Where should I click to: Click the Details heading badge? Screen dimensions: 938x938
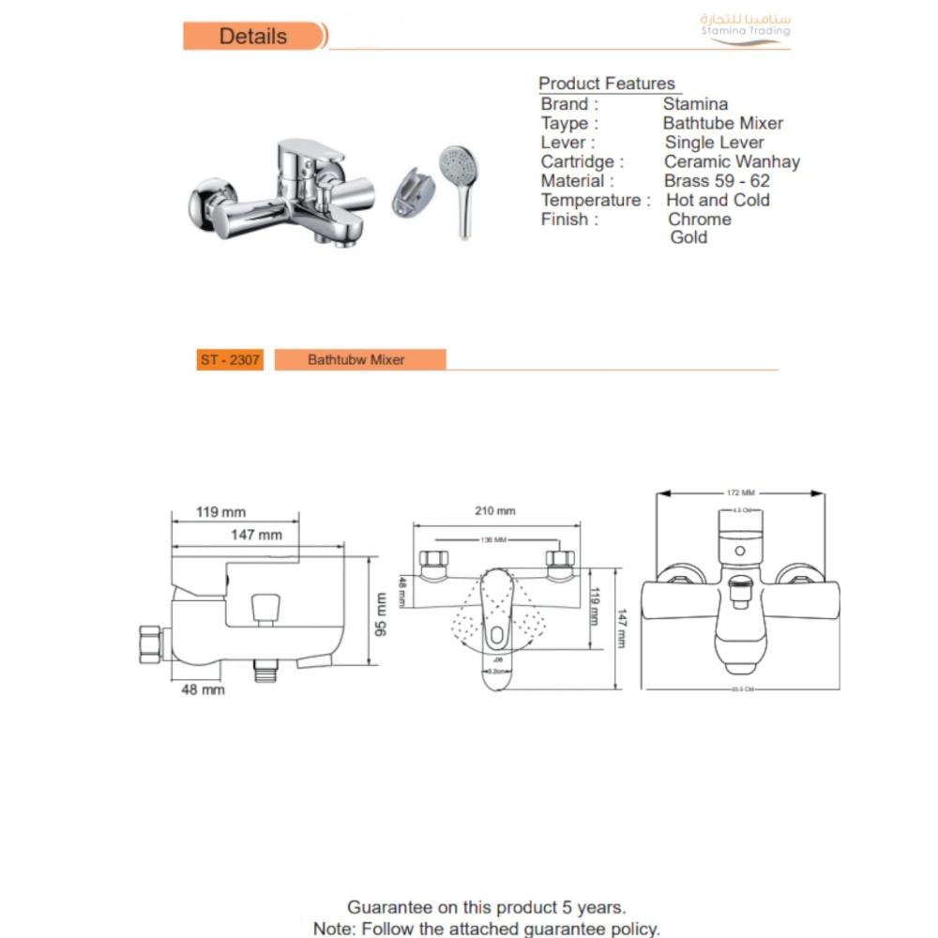click(x=253, y=37)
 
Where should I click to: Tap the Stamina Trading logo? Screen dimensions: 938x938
click(x=746, y=27)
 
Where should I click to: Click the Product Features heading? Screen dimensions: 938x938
click(x=606, y=83)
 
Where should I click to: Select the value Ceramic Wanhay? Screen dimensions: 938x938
click(x=732, y=161)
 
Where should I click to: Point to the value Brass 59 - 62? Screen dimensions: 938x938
click(x=717, y=181)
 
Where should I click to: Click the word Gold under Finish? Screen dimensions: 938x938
click(x=688, y=237)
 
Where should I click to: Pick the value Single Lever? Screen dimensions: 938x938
click(x=714, y=143)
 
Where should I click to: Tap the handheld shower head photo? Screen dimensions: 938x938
click(x=460, y=188)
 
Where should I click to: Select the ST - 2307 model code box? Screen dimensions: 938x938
click(x=230, y=359)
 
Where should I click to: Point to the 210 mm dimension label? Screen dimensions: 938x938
click(x=496, y=511)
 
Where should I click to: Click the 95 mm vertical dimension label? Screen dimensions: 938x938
click(x=381, y=613)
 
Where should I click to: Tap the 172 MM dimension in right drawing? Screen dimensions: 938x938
click(x=740, y=492)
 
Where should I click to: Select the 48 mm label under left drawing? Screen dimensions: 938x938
click(x=202, y=689)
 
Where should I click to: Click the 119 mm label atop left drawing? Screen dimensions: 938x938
click(x=220, y=512)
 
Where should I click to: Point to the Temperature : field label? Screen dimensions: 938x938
click(x=595, y=200)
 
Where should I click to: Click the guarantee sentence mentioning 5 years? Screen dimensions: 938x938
click(x=486, y=907)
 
